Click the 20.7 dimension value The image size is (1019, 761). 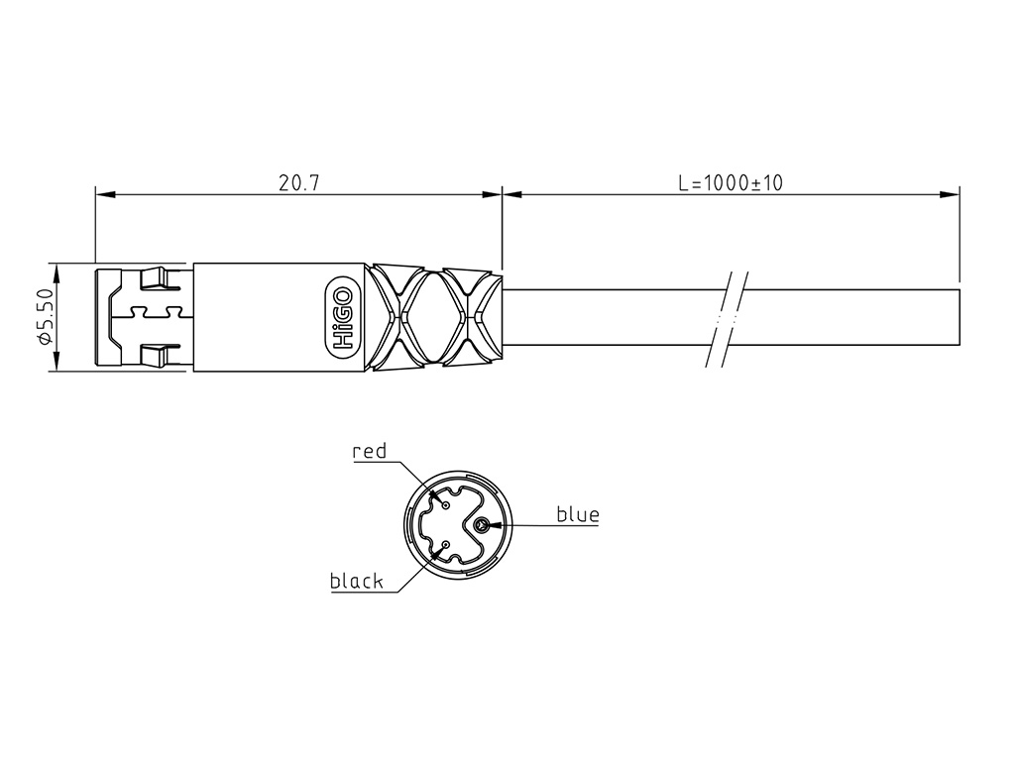pos(299,183)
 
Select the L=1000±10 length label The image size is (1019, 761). pos(731,183)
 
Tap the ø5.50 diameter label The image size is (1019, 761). pos(45,317)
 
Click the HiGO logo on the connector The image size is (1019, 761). pos(342,317)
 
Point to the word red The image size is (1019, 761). pos(369,451)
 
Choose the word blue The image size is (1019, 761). pos(578,514)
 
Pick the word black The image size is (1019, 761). pos(357,581)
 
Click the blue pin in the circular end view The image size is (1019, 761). pos(481,525)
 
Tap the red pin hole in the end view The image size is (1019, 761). pos(446,505)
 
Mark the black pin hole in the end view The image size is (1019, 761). pos(446,545)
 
